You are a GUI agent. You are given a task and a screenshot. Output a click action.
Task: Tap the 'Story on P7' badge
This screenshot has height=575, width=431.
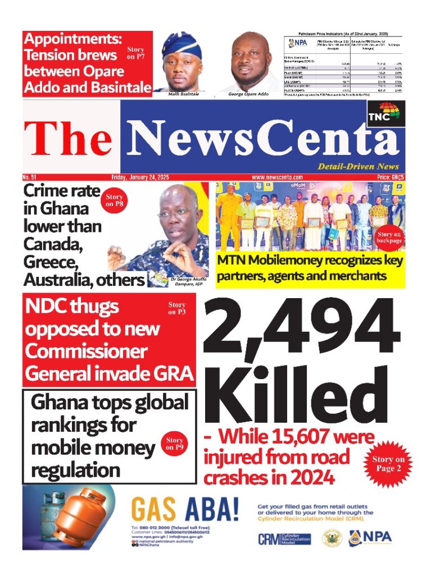click(135, 53)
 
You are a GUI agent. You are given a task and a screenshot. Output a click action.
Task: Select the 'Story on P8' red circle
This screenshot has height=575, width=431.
click(114, 200)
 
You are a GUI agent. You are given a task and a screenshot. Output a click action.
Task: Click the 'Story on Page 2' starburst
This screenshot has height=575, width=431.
click(390, 464)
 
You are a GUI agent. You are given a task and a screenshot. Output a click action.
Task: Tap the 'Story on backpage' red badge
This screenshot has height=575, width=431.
click(389, 238)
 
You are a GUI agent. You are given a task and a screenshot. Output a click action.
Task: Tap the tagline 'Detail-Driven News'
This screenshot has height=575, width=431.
click(358, 166)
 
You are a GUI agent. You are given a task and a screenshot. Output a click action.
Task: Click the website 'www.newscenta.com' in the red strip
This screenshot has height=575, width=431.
click(277, 177)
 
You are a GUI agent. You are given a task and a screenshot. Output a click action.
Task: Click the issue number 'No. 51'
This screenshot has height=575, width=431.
click(29, 177)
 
